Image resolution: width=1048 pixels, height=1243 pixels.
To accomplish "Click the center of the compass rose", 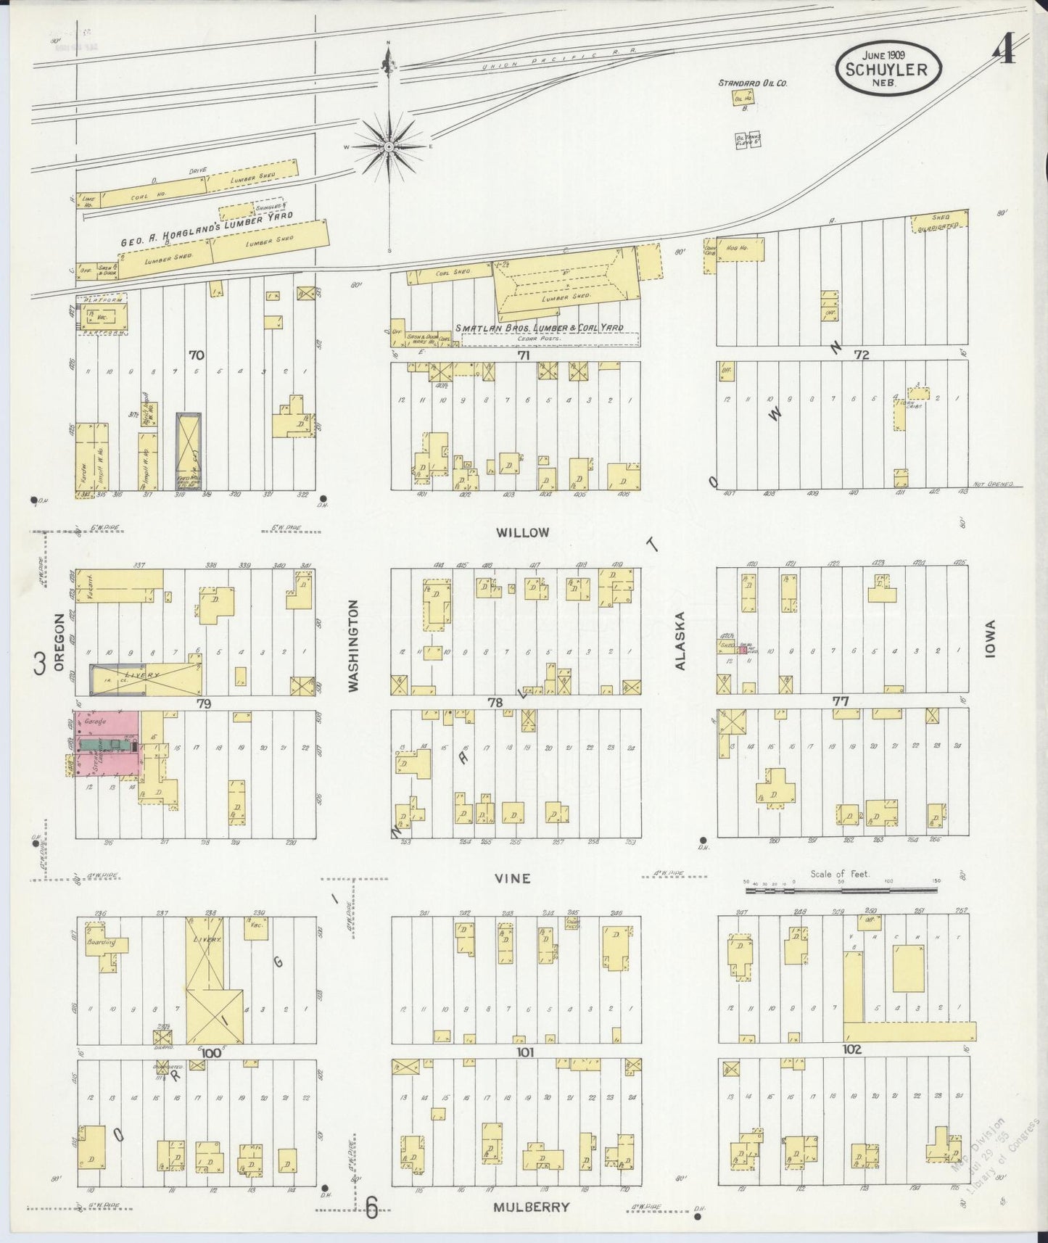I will click(x=389, y=146).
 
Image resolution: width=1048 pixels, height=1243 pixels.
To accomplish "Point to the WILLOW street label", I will click(x=522, y=532).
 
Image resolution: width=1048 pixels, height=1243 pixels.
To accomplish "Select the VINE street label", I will click(x=513, y=878).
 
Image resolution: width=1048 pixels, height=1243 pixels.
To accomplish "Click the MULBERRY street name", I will click(x=531, y=1207).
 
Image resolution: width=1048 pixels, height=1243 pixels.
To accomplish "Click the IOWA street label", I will click(x=991, y=640).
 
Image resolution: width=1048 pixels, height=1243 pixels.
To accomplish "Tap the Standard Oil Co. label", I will click(x=753, y=83).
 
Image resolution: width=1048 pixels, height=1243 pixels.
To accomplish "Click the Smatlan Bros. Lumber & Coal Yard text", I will click(x=539, y=328).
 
